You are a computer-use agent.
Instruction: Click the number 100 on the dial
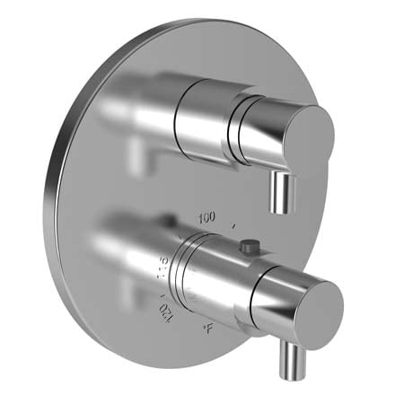[208, 218]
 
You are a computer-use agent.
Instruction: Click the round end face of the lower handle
[311, 304]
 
